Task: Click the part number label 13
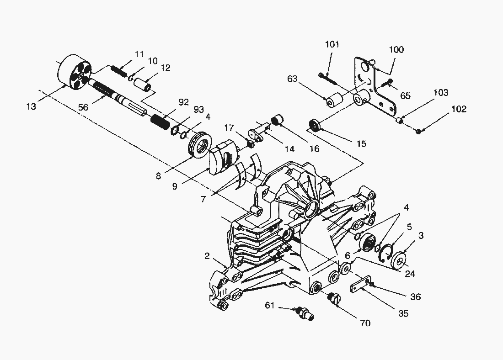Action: point(31,106)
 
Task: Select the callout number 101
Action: point(332,44)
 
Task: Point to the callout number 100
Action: point(396,49)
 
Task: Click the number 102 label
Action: point(459,109)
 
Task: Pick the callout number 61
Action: point(270,305)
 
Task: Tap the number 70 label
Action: point(365,323)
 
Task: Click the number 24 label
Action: point(410,274)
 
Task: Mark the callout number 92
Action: point(183,102)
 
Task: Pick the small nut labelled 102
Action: point(419,132)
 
